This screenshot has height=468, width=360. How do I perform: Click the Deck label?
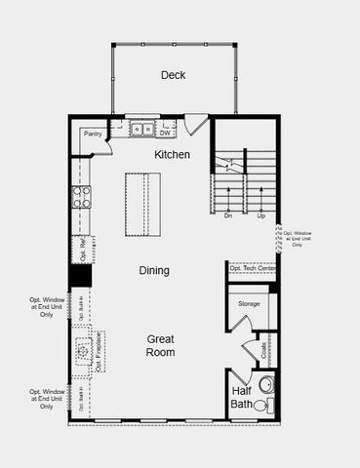pos(174,75)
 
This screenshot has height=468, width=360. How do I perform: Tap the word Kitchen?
pos(172,155)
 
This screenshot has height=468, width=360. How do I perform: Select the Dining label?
pos(153,270)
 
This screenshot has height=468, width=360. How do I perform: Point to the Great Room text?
pos(161,345)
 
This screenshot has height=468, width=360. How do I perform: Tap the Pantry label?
pos(94,134)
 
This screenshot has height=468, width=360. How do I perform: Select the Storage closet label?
pos(249,304)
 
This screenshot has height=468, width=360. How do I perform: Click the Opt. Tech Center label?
pos(253,268)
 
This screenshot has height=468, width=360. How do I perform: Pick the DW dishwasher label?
pos(165,133)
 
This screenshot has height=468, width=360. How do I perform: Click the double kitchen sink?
pos(142,129)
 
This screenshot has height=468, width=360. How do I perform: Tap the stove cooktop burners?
pos(80,198)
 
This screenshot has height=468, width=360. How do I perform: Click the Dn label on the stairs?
pos(227,215)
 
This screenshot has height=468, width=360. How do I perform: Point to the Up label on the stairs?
pos(260,215)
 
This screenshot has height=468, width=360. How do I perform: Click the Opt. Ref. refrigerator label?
pos(81,250)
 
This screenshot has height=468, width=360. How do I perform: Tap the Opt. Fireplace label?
pos(99,352)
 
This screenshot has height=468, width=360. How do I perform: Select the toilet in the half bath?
pos(261,405)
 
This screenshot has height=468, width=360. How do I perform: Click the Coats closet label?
pos(263,349)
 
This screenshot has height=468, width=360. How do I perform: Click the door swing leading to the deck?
pos(196,124)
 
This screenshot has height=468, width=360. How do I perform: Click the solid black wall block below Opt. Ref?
pos(80,276)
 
